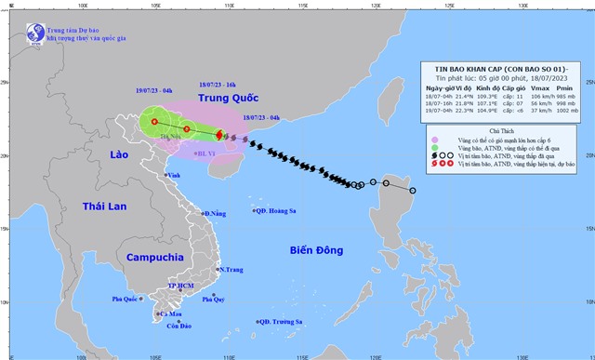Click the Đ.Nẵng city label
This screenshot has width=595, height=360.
tap(215, 214)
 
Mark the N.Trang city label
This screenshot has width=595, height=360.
tap(231, 270)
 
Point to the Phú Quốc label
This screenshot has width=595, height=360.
tap(125, 299)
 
